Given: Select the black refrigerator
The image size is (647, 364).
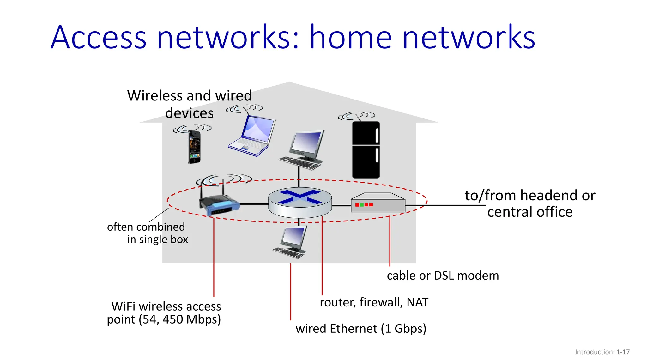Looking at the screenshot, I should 366,150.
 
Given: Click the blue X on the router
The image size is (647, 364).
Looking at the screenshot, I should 299,197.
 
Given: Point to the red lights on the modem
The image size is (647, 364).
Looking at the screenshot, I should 364,205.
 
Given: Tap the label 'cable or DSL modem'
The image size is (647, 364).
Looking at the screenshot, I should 443,276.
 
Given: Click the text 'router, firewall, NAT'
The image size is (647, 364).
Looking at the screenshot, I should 374,302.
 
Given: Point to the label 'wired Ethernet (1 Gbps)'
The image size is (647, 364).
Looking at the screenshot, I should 361,329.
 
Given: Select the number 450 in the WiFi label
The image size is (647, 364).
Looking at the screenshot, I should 173,319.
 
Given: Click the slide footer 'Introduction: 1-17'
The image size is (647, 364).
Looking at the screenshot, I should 602,352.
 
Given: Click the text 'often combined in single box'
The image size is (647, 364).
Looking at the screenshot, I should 148,233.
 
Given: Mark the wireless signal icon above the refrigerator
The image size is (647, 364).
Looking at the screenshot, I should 356,116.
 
